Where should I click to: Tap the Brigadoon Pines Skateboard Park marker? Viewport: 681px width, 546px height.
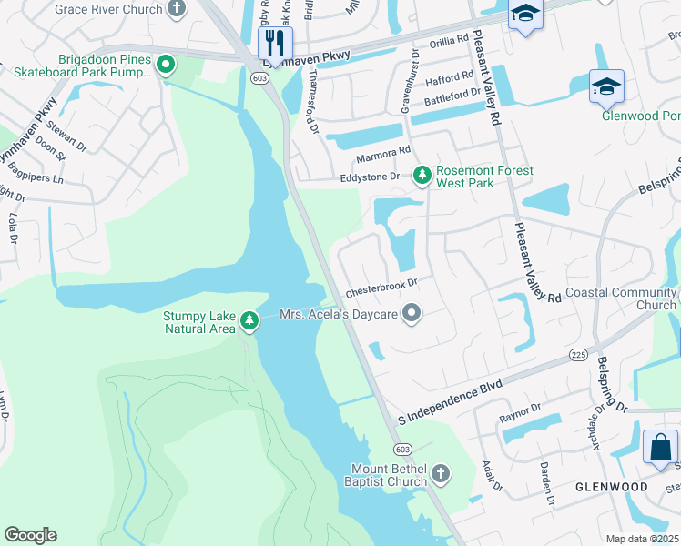[165, 64]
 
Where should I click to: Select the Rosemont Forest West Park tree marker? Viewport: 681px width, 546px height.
[422, 174]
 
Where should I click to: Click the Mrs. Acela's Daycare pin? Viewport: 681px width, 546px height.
[412, 314]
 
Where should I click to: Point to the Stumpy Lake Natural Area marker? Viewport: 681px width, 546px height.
[249, 320]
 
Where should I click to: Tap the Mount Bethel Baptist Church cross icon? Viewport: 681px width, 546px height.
[440, 473]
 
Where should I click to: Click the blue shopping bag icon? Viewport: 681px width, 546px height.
[660, 448]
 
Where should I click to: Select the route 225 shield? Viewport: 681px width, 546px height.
[578, 354]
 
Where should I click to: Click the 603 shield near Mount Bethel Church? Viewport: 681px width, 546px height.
[401, 450]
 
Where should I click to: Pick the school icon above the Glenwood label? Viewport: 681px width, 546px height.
[606, 87]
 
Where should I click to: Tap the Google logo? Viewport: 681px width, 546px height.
[30, 535]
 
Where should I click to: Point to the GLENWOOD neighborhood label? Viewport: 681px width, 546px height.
[611, 487]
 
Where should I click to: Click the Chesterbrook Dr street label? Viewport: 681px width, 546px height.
[381, 288]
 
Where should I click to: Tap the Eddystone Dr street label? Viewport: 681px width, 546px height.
[370, 177]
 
